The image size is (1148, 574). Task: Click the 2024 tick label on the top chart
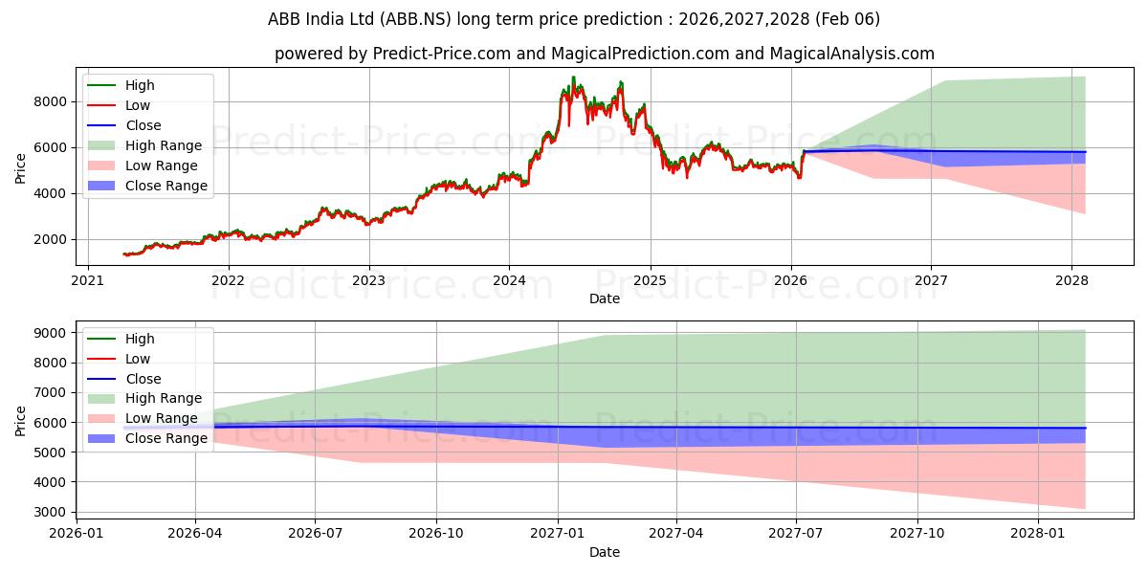coord(509,281)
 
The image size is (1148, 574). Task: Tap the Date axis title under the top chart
coord(605,298)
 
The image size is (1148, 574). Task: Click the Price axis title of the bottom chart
coord(21,419)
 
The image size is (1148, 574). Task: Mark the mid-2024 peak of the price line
coord(573,77)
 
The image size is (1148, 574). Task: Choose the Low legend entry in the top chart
coord(139,105)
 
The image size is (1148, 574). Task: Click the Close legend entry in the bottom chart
coord(143,379)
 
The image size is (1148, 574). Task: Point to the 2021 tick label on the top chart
coord(88,281)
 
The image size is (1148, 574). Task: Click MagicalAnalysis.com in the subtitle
coord(855,54)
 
